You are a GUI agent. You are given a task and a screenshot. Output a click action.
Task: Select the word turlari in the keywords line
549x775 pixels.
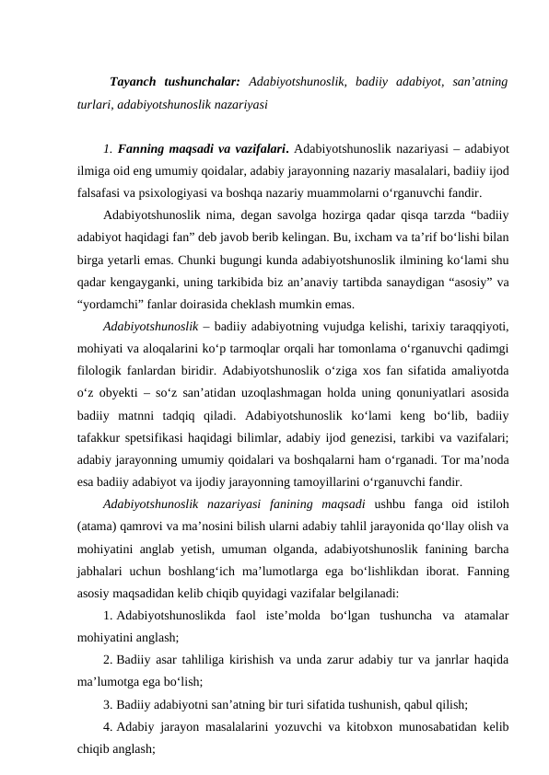coord(94,105)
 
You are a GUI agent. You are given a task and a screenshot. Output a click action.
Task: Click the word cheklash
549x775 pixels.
coord(272,306)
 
